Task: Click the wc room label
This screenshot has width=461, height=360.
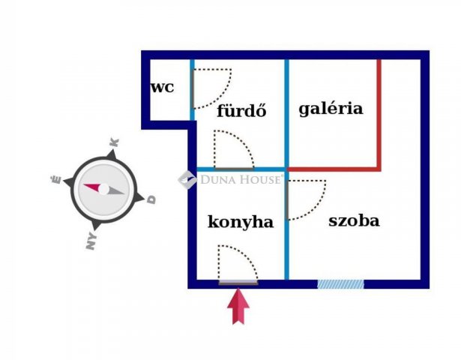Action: (163, 88)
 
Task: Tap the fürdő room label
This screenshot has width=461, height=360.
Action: (241, 110)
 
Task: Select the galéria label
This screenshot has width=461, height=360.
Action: (331, 109)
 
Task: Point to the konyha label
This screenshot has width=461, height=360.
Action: (241, 222)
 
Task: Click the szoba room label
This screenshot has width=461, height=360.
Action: (354, 220)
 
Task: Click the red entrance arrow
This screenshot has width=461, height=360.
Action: (238, 306)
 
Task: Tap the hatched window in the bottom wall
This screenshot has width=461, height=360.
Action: (340, 284)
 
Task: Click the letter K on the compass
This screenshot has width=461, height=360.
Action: (115, 142)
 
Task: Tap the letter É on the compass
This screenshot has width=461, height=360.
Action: (56, 179)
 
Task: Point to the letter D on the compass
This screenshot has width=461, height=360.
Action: (151, 199)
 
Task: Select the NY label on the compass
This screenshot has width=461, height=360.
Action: (91, 241)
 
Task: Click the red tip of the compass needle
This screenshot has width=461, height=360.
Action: (84, 185)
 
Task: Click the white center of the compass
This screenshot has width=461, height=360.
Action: (103, 189)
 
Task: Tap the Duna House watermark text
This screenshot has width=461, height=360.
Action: (241, 179)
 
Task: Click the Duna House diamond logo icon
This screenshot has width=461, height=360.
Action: (187, 180)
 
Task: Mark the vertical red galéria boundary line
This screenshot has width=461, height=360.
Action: (379, 115)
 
